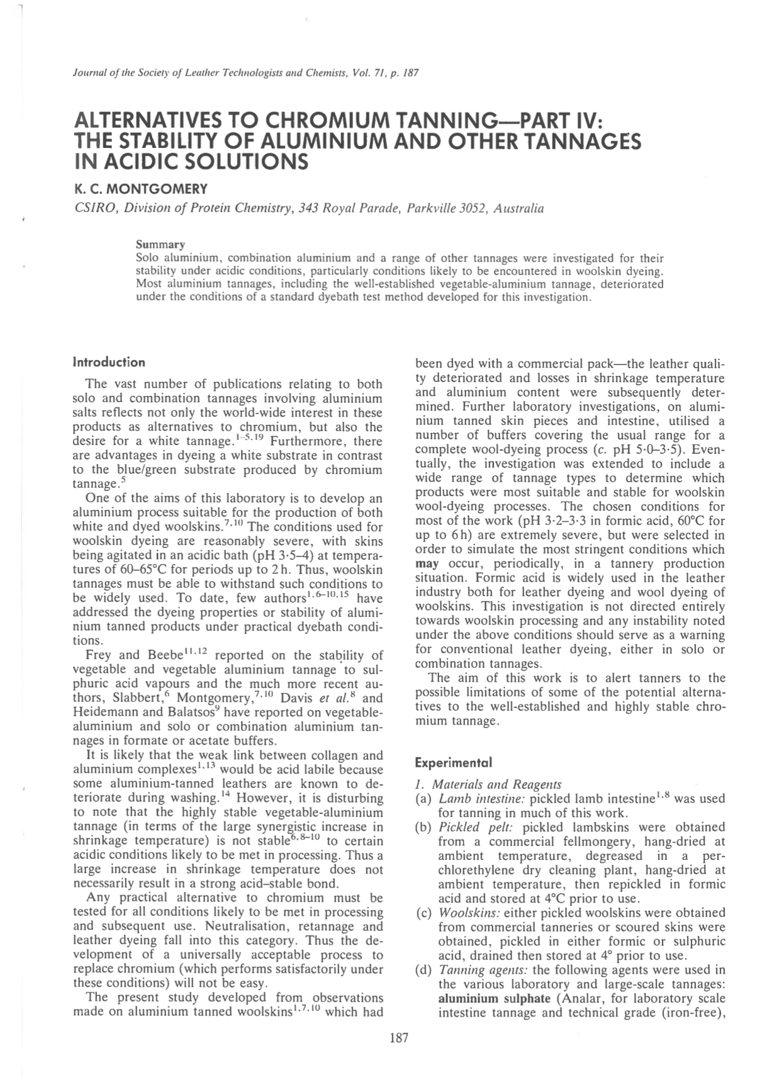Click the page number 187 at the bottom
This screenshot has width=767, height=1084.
pyautogui.click(x=399, y=1038)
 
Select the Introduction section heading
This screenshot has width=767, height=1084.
pyautogui.click(x=109, y=362)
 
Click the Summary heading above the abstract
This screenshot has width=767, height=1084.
pyautogui.click(x=160, y=244)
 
